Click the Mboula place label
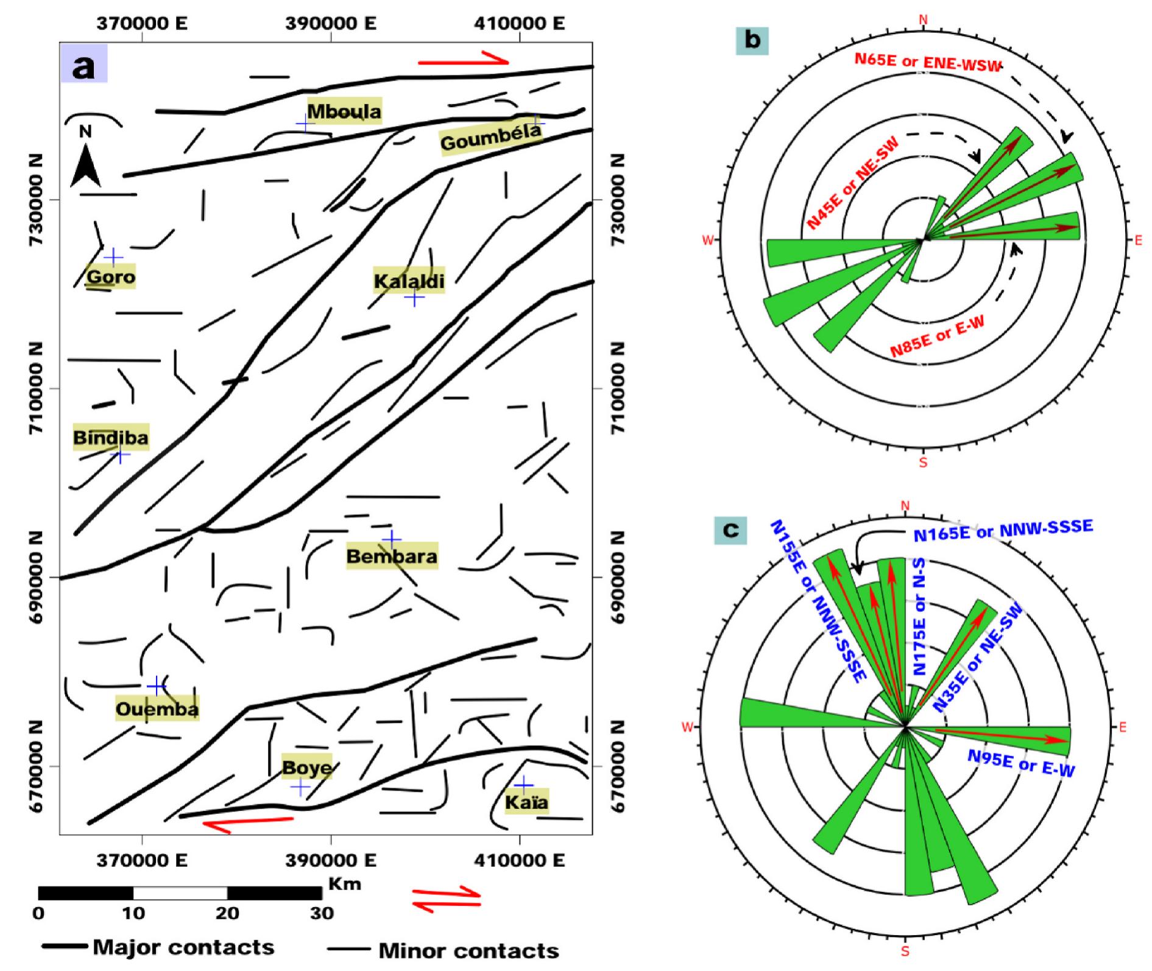(344, 111)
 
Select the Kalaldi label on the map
(409, 281)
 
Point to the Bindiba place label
(111, 437)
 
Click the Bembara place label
(392, 556)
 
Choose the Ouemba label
(157, 709)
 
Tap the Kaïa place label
(526, 802)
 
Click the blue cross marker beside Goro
(113, 257)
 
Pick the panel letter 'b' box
(752, 40)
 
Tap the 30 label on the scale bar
(322, 913)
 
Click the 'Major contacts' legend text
(183, 947)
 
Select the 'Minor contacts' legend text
(468, 950)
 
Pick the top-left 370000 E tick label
(142, 23)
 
